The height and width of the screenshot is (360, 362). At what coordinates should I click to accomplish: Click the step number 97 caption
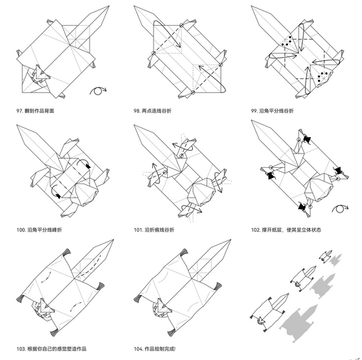(35, 111)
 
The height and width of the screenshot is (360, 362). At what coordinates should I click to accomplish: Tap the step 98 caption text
(153, 111)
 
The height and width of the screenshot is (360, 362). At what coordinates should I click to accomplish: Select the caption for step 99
(272, 111)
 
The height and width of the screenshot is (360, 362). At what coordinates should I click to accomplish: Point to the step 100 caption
(39, 230)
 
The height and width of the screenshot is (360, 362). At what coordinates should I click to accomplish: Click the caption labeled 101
(154, 230)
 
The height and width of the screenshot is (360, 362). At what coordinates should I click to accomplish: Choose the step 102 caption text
(286, 230)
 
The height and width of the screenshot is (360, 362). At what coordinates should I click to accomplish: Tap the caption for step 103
(52, 348)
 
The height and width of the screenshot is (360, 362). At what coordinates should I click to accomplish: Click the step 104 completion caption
(155, 348)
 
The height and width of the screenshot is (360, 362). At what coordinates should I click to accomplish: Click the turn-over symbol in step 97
(98, 91)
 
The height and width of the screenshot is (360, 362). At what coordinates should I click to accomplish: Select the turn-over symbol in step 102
(340, 209)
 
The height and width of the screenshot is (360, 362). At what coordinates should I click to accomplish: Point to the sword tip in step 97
(109, 7)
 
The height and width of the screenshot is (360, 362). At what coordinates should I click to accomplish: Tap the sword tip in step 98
(134, 7)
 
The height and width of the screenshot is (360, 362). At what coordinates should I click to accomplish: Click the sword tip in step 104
(230, 240)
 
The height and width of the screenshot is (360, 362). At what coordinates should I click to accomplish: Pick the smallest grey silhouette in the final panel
(336, 260)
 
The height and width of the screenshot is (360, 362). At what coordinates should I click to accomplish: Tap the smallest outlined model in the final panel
(325, 256)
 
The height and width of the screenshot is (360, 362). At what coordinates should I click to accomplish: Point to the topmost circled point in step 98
(181, 25)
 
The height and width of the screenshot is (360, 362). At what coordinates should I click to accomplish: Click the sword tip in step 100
(18, 126)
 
